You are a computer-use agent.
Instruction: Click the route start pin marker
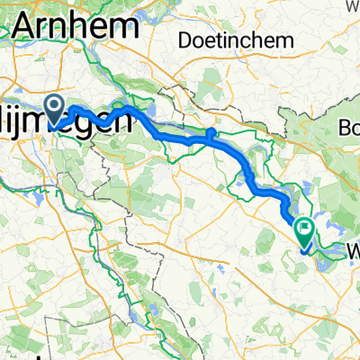tap(55, 111)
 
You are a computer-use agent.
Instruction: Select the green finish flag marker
tap(306, 233)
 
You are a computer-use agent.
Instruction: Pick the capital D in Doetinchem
tap(185, 40)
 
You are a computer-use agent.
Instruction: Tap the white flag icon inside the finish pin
tap(306, 230)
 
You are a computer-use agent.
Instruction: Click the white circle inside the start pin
tap(55, 108)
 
